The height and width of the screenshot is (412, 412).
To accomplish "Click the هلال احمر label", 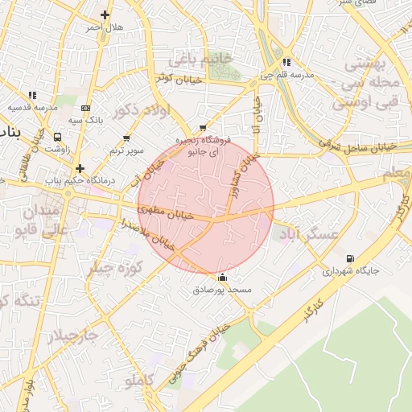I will click(x=105, y=27).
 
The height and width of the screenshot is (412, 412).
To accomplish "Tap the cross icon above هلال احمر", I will click(x=105, y=14).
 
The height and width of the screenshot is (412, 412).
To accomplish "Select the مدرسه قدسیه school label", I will click(x=33, y=107).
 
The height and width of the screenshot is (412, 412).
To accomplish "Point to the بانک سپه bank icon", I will click(x=86, y=108).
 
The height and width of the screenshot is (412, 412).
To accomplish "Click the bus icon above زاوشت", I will click(x=57, y=137).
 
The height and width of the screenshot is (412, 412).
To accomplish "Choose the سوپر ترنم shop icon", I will click(x=126, y=138).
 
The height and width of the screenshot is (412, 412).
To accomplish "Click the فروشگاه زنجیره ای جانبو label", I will click(x=208, y=145).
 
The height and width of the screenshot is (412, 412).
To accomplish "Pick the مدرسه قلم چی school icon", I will click(x=286, y=63).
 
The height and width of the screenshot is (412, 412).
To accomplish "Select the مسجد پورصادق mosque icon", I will click(x=223, y=277).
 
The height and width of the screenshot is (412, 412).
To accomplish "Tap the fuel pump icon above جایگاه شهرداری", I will click(x=349, y=259).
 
